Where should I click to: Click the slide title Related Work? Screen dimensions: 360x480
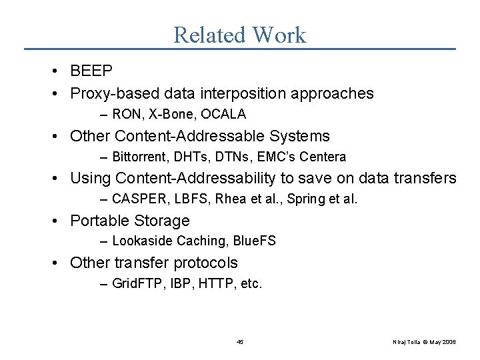239,35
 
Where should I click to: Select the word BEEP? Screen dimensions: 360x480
91,71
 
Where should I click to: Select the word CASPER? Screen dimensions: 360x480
136,199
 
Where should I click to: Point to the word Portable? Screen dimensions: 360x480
99,221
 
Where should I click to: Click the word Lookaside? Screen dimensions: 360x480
142,241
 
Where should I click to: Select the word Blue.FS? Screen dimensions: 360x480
253,241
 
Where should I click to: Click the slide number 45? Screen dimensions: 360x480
240,341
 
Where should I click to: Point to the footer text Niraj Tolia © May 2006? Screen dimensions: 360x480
424,341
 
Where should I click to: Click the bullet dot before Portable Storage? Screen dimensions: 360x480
60,221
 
